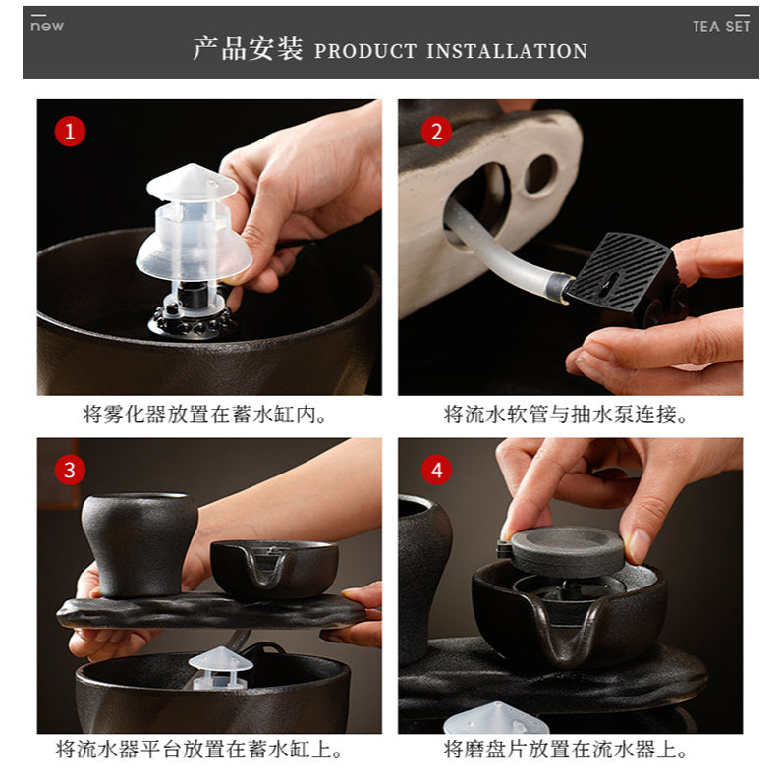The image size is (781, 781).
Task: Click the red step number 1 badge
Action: pos(69,131)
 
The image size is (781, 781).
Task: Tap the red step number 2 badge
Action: pos(436,131)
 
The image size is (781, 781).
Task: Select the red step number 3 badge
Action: pos(69,470)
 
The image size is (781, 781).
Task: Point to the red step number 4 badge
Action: pos(436,470)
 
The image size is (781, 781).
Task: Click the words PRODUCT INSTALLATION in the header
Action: pos(451,51)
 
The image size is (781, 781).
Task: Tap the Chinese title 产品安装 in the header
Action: pos(248,50)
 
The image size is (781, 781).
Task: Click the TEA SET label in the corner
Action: pos(721,27)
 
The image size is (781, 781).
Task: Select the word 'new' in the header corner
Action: pos(46,26)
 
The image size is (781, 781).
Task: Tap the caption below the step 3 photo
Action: pos(199,751)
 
